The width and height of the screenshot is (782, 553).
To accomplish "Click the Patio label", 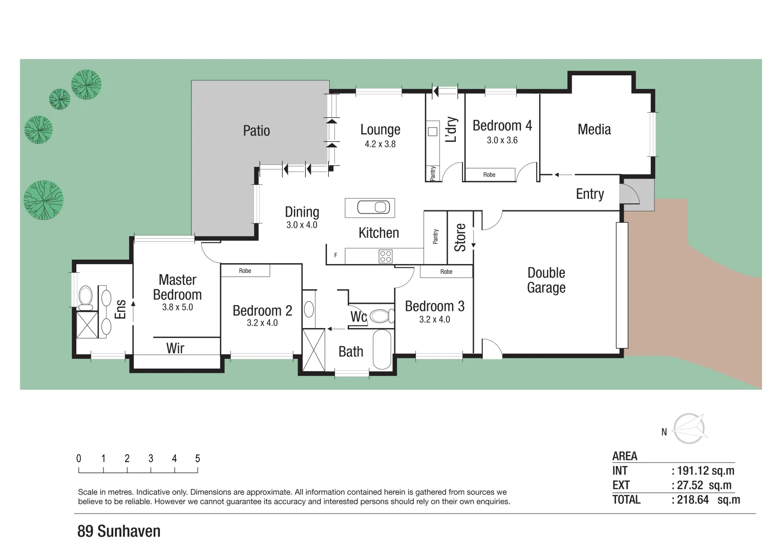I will click(x=256, y=131).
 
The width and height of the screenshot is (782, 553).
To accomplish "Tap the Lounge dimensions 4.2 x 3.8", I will click(x=380, y=144).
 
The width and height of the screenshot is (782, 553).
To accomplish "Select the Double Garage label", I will click(x=546, y=280).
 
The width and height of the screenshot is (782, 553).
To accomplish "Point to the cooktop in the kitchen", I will click(x=386, y=256).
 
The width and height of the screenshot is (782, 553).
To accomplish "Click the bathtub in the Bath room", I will click(x=382, y=349).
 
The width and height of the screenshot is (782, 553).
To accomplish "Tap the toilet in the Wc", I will click(x=381, y=315).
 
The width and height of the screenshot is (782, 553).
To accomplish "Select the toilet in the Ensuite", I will click(x=85, y=296).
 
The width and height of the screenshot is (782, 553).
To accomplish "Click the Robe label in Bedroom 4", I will click(x=489, y=175).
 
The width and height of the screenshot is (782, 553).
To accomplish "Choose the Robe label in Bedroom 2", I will click(x=245, y=271).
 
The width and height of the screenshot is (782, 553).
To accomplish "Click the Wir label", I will click(x=175, y=348).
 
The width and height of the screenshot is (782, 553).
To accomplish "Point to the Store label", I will click(x=460, y=237).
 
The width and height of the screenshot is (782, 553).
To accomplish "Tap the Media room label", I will click(x=594, y=130).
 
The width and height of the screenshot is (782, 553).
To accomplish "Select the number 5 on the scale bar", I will click(x=198, y=459).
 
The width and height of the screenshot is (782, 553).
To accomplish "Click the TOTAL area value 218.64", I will click(x=693, y=500).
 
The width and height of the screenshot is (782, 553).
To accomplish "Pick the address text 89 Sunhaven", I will click(x=119, y=531).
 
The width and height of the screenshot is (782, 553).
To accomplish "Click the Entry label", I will click(x=589, y=194).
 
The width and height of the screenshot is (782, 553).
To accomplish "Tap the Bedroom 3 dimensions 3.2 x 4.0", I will click(x=434, y=320).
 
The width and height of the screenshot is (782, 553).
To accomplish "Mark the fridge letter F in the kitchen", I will click(x=336, y=255).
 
